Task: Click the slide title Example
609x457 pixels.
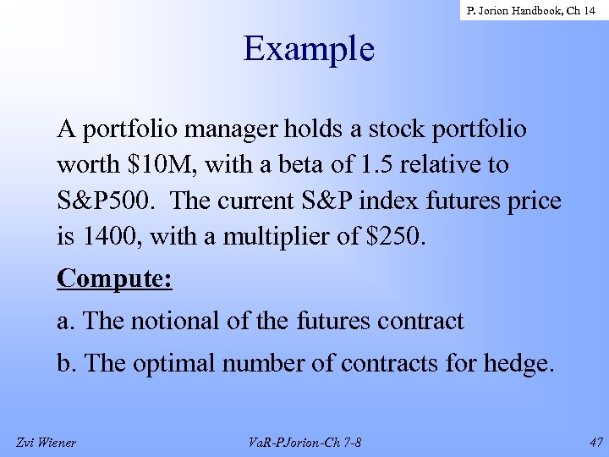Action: click(x=309, y=48)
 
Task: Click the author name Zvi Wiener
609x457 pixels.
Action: click(x=46, y=442)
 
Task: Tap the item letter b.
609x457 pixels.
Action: click(x=65, y=364)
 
